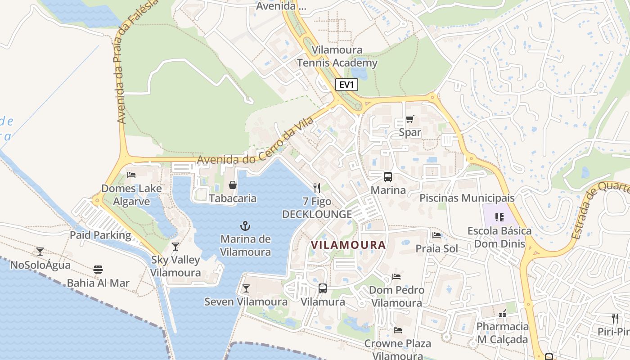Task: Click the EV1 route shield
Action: click(x=346, y=85)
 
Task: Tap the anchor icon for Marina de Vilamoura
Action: click(x=245, y=226)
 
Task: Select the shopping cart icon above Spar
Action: click(x=409, y=119)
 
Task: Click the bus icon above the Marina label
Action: click(x=387, y=177)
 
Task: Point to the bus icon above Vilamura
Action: click(x=322, y=288)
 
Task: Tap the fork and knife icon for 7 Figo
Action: click(x=317, y=188)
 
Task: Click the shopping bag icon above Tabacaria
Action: click(x=233, y=185)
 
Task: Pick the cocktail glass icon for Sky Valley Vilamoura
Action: click(x=175, y=247)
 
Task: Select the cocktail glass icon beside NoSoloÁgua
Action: click(x=40, y=252)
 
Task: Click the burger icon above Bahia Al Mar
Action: click(x=98, y=270)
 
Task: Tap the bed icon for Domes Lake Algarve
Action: click(x=131, y=175)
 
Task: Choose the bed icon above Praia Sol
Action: click(x=436, y=235)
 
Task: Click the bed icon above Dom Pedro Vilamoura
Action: click(x=396, y=277)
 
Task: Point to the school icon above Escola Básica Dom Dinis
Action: click(x=499, y=217)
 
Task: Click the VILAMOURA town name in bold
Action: click(x=348, y=245)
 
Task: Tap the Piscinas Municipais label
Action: click(x=467, y=198)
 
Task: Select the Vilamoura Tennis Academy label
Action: click(x=337, y=57)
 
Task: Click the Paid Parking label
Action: click(x=100, y=235)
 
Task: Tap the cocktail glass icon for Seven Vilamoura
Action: click(x=246, y=288)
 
